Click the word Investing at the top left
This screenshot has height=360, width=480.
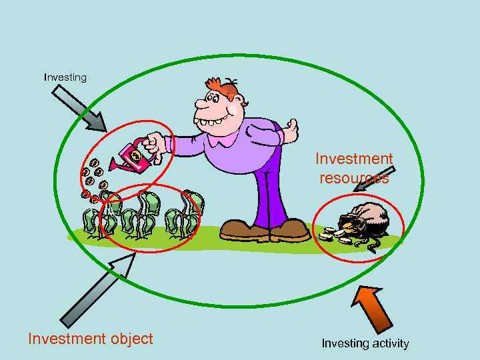[65, 77]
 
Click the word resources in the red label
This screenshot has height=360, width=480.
[354, 179]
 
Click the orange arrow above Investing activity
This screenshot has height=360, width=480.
[372, 307]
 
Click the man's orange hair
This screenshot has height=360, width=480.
[223, 87]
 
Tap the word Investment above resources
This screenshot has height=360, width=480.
[354, 159]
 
